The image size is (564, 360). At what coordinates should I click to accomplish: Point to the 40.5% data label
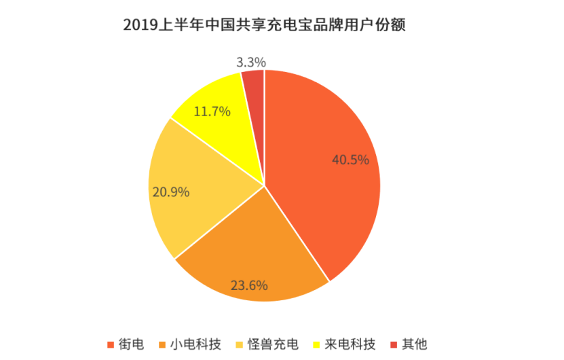[350, 160]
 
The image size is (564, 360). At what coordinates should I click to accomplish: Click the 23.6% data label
[250, 285]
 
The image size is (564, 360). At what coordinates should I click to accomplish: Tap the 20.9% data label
[170, 192]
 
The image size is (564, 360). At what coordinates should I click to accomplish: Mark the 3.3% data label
[251, 62]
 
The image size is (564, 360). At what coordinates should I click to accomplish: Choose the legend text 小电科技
[196, 344]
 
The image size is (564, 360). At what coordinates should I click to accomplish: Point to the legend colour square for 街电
[111, 345]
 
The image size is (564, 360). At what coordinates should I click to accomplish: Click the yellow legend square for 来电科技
[318, 345]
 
